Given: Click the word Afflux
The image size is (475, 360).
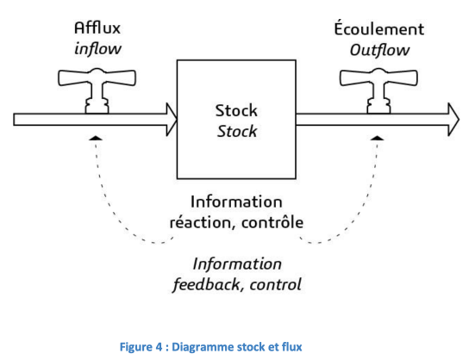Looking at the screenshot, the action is pos(97,28).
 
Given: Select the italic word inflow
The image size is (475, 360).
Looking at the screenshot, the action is pos(98,48).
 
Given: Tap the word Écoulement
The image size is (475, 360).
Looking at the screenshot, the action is pos(379,28).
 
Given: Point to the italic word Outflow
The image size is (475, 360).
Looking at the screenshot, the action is pos(379,50).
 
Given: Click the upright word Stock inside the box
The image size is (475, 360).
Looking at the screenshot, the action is pos(236,110).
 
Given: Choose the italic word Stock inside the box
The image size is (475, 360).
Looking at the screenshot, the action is pos(237,131).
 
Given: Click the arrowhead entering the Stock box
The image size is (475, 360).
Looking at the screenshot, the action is pos(172,120).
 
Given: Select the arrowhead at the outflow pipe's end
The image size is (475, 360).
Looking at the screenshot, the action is pos(453,120).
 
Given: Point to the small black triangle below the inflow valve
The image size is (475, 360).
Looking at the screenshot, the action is pos(97,139).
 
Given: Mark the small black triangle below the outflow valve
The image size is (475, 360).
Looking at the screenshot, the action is pos(378,139).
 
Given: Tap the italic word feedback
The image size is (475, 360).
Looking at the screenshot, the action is pos(206,284).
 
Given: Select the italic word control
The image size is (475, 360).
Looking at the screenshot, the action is pos(275,284).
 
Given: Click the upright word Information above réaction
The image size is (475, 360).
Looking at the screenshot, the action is pos(236,202).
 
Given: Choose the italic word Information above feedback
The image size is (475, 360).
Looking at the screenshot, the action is pos(237,264).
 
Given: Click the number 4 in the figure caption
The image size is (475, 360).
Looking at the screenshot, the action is pos(159,347).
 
